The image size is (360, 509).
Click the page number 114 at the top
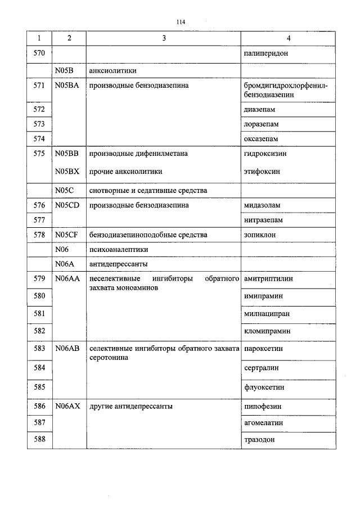pyautogui.click(x=180, y=22)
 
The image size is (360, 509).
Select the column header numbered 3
pyautogui.click(x=164, y=38)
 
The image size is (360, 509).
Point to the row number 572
pyautogui.click(x=39, y=109)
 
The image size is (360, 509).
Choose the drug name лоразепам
pyautogui.click(x=262, y=124)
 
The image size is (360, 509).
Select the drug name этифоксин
pyautogui.click(x=262, y=171)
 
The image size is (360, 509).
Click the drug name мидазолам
pyautogui.click(x=262, y=205)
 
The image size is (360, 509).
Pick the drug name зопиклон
pyautogui.click(x=260, y=235)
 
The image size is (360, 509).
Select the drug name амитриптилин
pyautogui.click(x=268, y=278)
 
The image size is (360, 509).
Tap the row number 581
pyautogui.click(x=39, y=313)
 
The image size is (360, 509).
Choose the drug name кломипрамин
pyautogui.click(x=267, y=331)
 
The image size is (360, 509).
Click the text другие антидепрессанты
pyautogui.click(x=130, y=406)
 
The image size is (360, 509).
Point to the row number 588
pyautogui.click(x=39, y=439)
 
